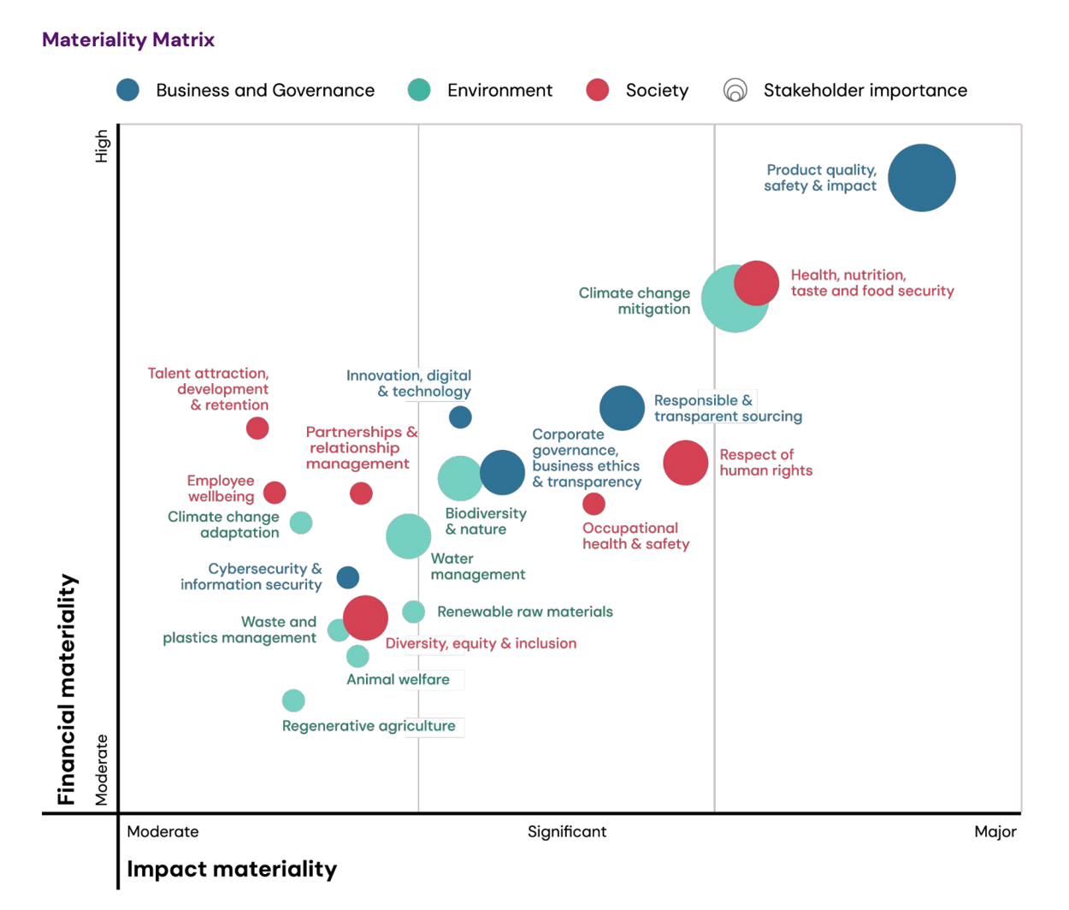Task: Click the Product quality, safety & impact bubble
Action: click(x=921, y=178)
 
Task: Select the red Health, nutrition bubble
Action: click(x=757, y=283)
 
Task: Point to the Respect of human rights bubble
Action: click(x=686, y=463)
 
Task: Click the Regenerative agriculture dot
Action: click(x=293, y=700)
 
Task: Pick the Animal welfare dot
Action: click(x=357, y=656)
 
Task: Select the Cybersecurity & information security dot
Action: click(x=347, y=577)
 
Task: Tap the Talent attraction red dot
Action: click(x=257, y=428)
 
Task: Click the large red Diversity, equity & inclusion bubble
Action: click(x=365, y=617)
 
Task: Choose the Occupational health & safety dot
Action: click(x=594, y=504)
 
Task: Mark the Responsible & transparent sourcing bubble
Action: click(x=622, y=408)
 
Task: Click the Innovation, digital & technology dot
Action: click(x=460, y=417)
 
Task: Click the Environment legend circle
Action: click(x=419, y=90)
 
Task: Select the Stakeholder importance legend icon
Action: click(x=735, y=90)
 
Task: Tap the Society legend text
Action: click(x=656, y=91)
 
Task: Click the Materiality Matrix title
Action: click(x=128, y=39)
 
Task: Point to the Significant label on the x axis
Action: click(x=566, y=831)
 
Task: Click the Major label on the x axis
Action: click(x=995, y=831)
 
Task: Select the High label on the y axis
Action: click(x=102, y=145)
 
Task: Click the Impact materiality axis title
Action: click(x=232, y=869)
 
